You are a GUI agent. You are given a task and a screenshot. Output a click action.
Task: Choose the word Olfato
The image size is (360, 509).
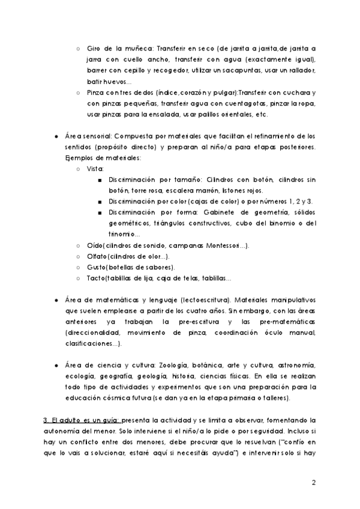coord(100,256)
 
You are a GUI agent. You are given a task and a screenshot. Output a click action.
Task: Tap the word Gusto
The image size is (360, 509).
coord(99,267)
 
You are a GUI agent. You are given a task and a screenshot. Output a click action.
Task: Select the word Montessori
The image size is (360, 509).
coord(220,245)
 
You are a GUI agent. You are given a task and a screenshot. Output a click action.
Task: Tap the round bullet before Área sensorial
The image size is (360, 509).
coord(56,136)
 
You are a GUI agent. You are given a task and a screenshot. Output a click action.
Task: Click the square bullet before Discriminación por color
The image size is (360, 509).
coord(99,202)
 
